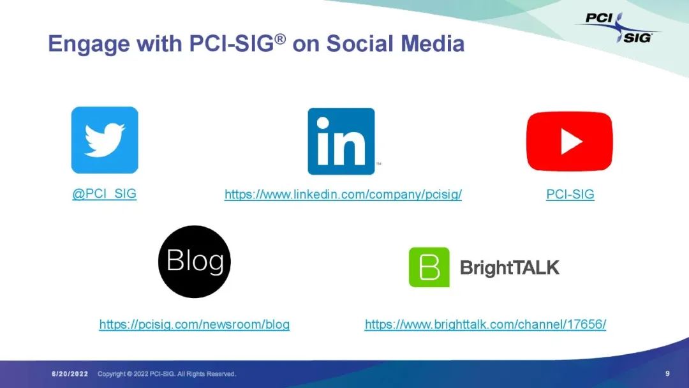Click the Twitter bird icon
click(x=105, y=140)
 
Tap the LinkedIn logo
click(x=341, y=141)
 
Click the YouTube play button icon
click(x=570, y=141)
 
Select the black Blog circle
click(x=194, y=262)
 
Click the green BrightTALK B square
click(x=429, y=267)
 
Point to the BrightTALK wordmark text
click(x=509, y=267)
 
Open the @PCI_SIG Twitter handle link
click(x=105, y=194)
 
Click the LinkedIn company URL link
click(x=343, y=194)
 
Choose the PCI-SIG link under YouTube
click(x=570, y=194)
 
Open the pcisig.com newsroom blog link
click(x=194, y=324)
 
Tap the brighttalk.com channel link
click(x=485, y=324)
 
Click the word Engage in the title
click(x=89, y=45)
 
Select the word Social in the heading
click(x=360, y=43)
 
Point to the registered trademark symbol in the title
click(x=280, y=39)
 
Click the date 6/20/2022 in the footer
click(x=70, y=374)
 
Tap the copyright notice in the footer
click(x=167, y=374)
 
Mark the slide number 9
click(x=667, y=373)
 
